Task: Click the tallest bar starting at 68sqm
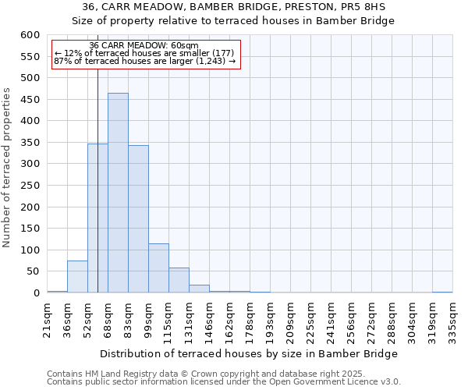tap(118, 193)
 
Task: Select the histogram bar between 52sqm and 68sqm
tap(97, 218)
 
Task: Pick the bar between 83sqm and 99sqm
tap(138, 219)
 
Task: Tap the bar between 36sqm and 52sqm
tap(77, 277)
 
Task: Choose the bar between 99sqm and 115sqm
tap(158, 268)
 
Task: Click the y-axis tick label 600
tap(30, 35)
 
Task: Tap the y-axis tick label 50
tap(32, 271)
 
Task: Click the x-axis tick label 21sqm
tap(47, 317)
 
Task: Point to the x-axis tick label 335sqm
tap(452, 320)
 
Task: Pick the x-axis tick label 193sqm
tap(270, 320)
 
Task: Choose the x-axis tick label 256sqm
tap(351, 320)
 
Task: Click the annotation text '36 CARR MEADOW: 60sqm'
tap(144, 46)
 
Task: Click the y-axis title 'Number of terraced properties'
tap(7, 167)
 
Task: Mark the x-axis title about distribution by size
tap(250, 353)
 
